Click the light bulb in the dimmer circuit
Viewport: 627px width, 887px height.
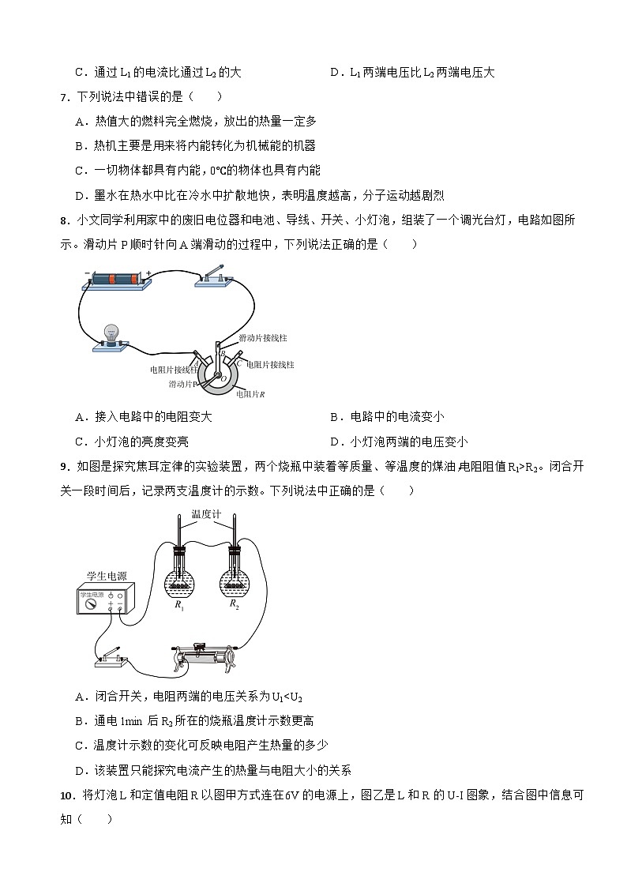(111, 333)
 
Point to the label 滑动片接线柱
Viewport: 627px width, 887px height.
(264, 338)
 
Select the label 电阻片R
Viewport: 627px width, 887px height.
(251, 393)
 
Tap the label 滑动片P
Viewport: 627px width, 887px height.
(182, 384)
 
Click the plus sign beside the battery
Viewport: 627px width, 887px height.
(148, 272)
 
